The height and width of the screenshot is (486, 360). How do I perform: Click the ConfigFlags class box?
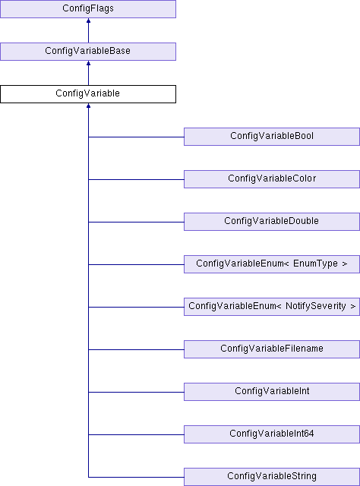88,9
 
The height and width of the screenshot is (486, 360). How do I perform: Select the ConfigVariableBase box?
88,52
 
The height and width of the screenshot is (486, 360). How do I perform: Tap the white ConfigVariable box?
88,94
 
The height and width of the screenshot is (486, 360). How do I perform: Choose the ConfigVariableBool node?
272,137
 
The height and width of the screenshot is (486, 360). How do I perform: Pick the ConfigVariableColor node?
272,179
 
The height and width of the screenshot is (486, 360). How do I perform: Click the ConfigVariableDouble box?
272,222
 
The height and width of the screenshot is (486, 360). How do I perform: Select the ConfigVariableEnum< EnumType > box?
272,264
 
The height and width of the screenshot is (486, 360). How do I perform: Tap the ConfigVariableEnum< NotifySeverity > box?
272,307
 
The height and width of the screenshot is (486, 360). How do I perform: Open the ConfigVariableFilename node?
272,349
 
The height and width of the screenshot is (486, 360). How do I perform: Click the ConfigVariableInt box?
272,392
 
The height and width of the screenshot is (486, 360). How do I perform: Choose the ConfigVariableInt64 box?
272,434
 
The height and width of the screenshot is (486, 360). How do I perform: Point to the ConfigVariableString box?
272,477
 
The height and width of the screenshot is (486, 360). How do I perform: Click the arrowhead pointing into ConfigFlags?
88,21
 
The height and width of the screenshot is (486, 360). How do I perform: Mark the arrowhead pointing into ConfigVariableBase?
88,63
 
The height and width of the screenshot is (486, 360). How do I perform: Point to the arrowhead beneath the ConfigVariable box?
88,106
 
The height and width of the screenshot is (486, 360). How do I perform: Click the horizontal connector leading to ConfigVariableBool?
136,137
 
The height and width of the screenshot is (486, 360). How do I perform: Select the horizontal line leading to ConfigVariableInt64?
136,434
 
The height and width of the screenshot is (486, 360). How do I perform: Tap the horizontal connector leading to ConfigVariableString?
136,477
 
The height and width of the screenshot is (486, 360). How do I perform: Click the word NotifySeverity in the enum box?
316,306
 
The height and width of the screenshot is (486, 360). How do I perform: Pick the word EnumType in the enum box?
315,264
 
